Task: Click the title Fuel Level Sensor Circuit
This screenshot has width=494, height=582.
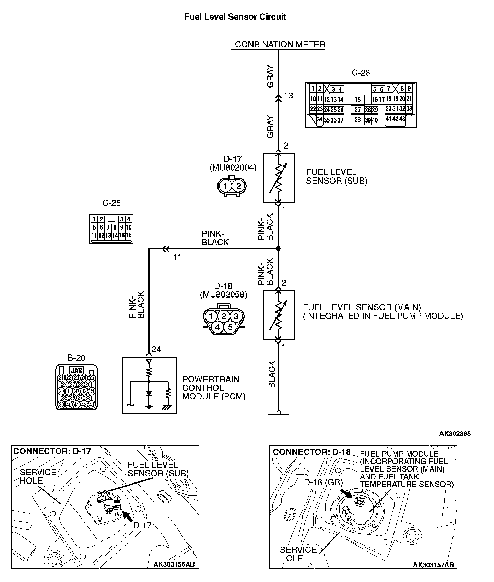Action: click(235, 17)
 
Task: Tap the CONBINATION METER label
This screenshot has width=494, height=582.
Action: click(280, 45)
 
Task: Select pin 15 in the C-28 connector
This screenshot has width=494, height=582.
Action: click(358, 100)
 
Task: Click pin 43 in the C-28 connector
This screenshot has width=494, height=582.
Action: click(402, 119)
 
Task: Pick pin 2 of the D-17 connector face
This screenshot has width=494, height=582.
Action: click(239, 186)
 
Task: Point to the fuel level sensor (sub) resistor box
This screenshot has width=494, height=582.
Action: click(279, 177)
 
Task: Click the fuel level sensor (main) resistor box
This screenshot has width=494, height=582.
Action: click(279, 315)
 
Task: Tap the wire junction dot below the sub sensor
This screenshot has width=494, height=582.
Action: click(278, 248)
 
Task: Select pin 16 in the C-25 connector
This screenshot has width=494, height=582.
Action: click(129, 235)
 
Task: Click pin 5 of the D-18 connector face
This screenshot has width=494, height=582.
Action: click(230, 327)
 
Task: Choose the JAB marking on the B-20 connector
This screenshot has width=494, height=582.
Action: click(76, 371)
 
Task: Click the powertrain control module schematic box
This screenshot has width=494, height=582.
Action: click(149, 385)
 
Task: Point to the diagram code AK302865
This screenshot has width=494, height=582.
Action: click(455, 434)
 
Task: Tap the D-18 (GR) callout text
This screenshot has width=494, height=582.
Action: click(324, 482)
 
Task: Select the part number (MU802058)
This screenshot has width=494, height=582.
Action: click(223, 294)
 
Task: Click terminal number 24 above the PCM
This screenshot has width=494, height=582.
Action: click(156, 349)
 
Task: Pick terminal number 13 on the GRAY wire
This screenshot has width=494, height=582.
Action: click(289, 96)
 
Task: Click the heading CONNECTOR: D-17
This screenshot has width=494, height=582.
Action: click(52, 451)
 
